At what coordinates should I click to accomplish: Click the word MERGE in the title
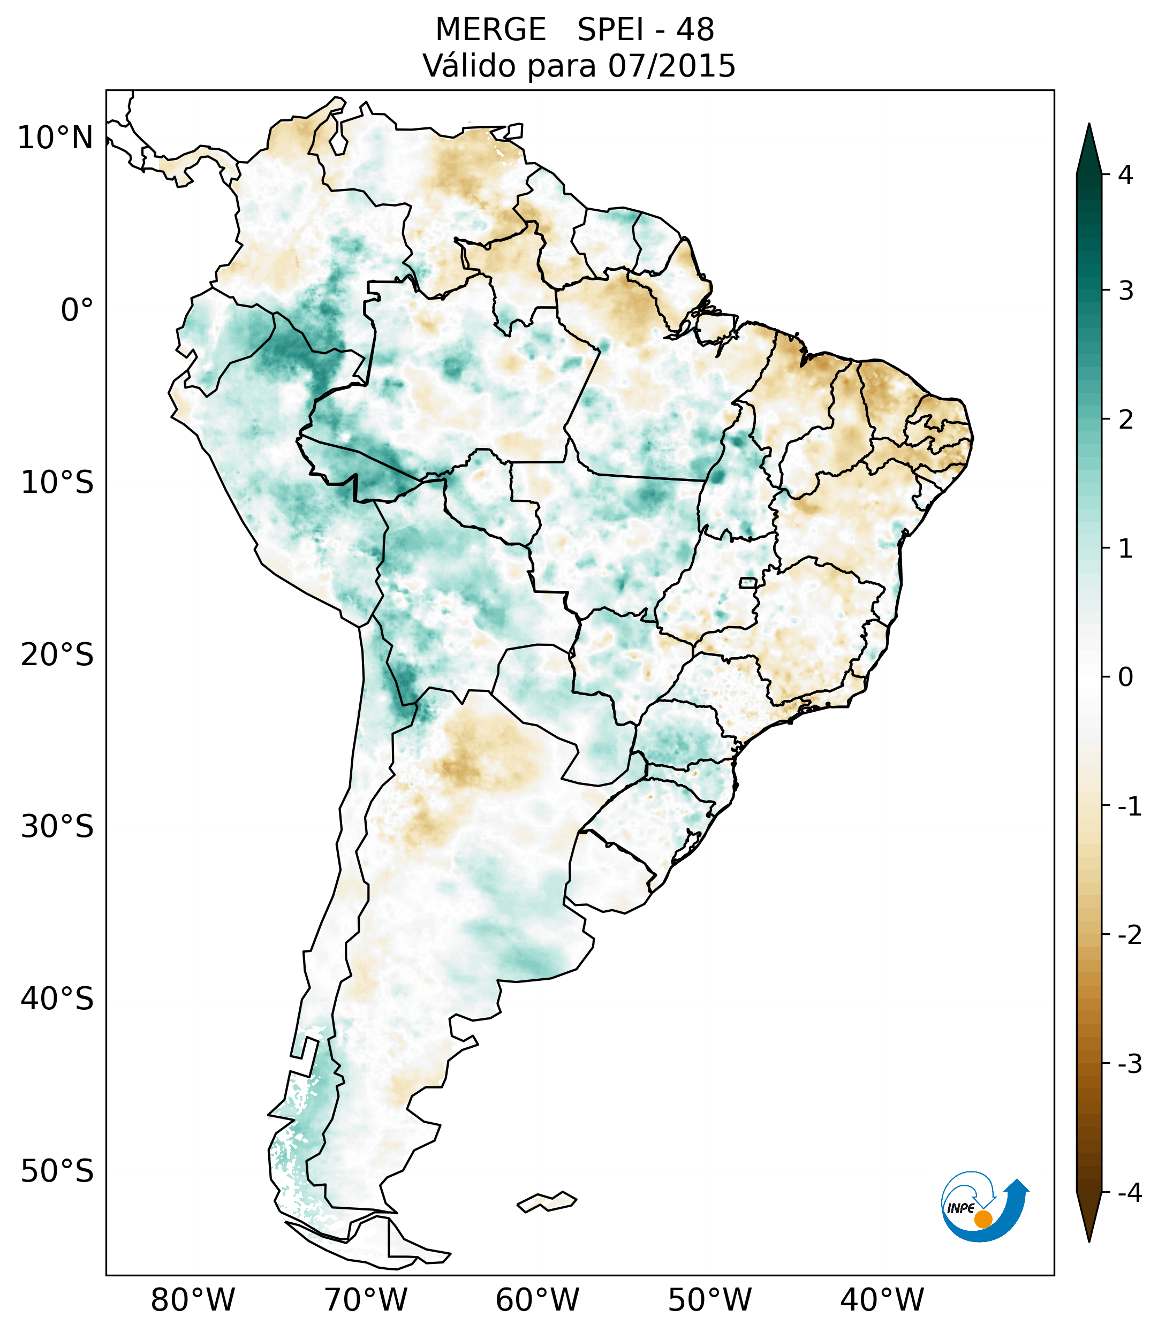coord(490,30)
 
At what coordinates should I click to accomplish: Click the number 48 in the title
coord(695,30)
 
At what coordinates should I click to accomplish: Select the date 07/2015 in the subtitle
coord(672,66)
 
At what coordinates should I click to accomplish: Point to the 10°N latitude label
coord(56,138)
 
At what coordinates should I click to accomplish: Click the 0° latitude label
coord(77,310)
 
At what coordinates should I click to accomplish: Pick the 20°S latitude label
coord(57,655)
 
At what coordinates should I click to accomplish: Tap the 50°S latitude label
coord(57,1171)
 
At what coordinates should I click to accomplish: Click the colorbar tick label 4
coord(1125,175)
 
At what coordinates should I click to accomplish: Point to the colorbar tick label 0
coord(1125,677)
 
